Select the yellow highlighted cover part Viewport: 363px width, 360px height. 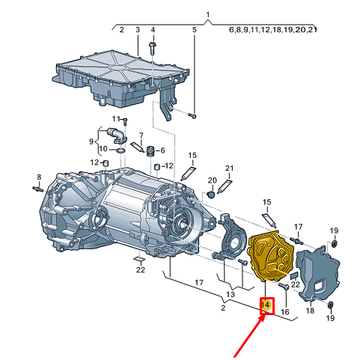click(269, 258)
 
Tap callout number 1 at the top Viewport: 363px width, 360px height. click(209, 16)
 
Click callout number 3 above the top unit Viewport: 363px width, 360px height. click(138, 30)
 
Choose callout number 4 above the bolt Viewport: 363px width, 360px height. click(153, 30)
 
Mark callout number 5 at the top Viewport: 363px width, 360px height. click(194, 30)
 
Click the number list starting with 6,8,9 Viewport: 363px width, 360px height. click(272, 31)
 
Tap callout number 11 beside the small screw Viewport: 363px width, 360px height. click(117, 119)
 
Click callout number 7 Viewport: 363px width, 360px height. click(138, 135)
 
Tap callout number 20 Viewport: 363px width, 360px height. click(212, 180)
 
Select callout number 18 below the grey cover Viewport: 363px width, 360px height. click(310, 309)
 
